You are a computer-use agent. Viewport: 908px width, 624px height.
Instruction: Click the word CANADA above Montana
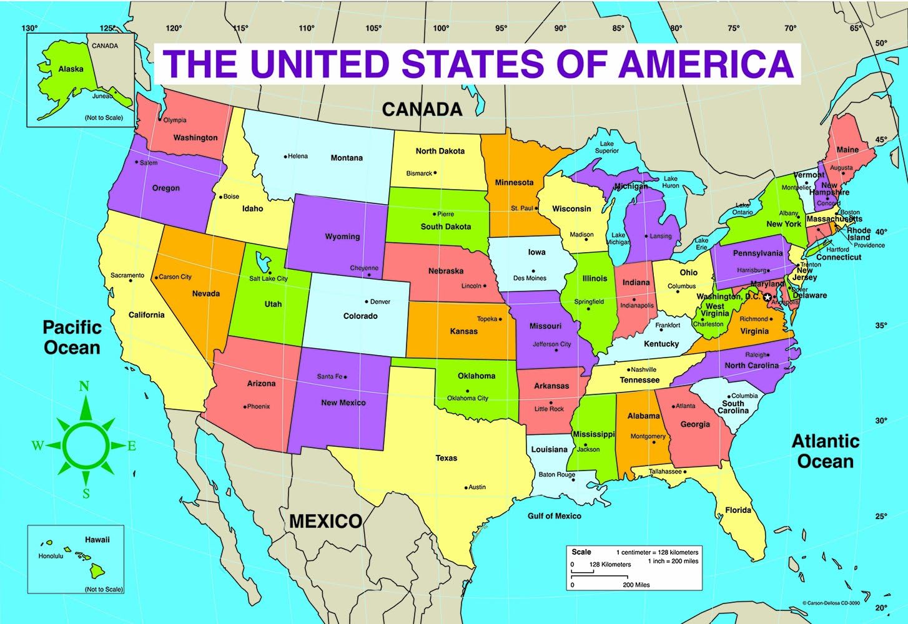422,110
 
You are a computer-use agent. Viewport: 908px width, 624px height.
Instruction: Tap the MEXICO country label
325,521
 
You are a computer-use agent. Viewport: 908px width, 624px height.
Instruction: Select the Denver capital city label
380,302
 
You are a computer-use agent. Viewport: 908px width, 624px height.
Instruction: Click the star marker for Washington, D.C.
767,298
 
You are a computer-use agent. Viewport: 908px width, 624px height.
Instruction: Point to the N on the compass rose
84,386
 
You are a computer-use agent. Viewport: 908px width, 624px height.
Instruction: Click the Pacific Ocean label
72,337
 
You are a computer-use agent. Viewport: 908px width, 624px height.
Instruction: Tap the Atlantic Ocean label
826,451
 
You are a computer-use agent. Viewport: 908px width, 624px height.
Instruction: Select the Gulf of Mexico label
554,516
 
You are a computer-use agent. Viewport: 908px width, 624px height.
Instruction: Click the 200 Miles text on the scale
636,585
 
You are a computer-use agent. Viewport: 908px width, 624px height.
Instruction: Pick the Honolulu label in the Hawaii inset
51,556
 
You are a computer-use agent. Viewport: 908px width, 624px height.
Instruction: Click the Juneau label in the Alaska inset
102,96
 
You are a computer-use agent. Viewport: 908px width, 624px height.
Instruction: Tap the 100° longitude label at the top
441,28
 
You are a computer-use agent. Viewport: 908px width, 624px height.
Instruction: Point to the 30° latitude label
881,421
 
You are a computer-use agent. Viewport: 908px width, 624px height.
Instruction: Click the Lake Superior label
606,147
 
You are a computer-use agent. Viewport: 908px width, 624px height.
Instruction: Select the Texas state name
446,458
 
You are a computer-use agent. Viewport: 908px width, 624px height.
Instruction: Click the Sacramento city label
127,275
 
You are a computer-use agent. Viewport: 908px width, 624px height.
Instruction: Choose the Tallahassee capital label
665,472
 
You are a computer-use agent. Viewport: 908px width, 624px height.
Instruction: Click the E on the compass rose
132,446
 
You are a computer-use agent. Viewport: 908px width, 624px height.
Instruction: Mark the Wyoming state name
342,236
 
